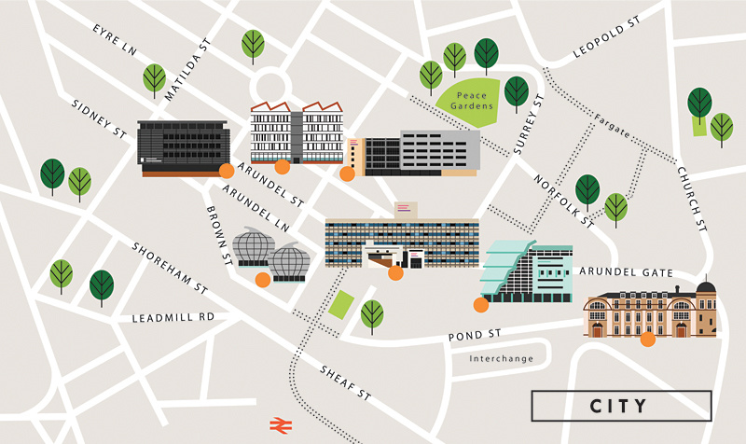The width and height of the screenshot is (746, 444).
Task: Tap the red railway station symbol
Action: (x=278, y=424)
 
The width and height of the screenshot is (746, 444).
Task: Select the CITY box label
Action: (x=618, y=406)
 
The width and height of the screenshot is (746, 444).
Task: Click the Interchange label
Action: (x=501, y=358)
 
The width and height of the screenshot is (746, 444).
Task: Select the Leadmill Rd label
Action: (x=173, y=317)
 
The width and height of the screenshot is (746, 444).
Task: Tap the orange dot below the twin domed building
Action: (x=263, y=279)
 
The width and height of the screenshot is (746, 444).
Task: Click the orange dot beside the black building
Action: (x=225, y=170)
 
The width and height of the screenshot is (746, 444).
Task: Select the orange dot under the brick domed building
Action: (x=647, y=340)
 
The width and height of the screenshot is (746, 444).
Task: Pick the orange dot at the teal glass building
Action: (x=481, y=304)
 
